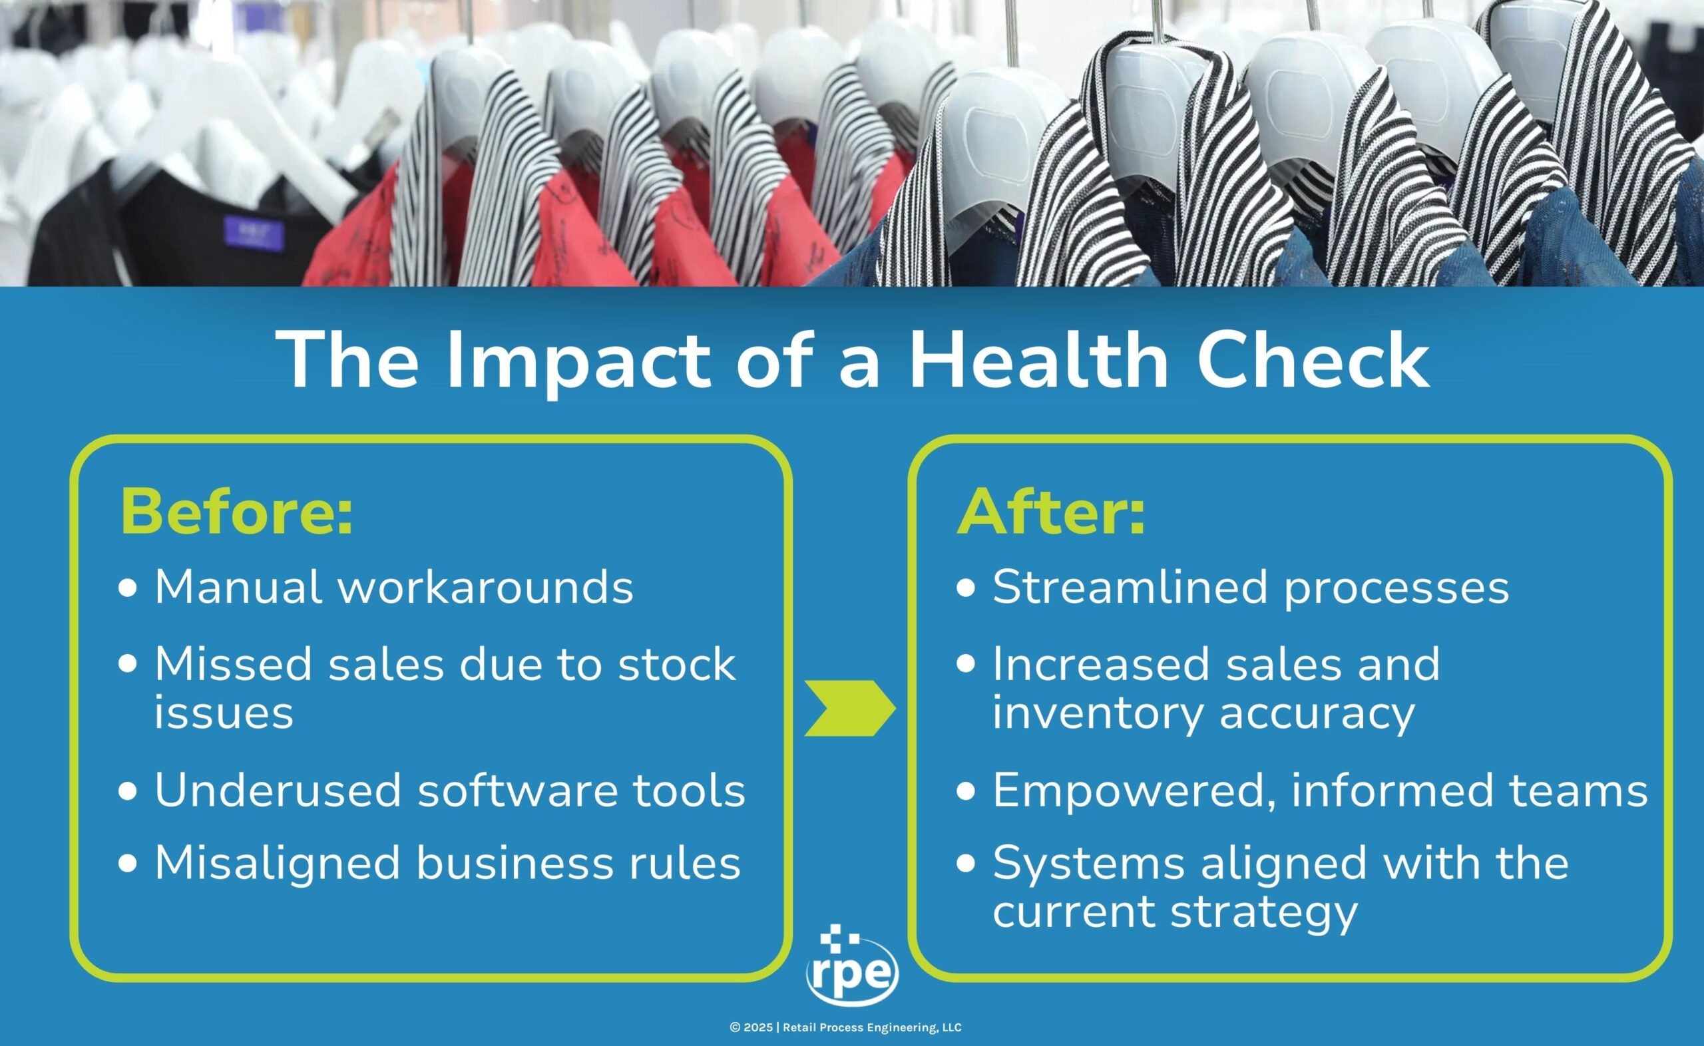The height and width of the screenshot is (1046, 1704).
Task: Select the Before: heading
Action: click(x=236, y=511)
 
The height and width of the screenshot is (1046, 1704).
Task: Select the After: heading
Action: click(x=1051, y=511)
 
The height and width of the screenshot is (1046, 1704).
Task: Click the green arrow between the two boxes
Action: click(x=850, y=708)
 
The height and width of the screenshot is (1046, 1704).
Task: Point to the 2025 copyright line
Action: click(x=845, y=1027)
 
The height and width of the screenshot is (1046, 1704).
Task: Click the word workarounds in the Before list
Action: click(x=486, y=588)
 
